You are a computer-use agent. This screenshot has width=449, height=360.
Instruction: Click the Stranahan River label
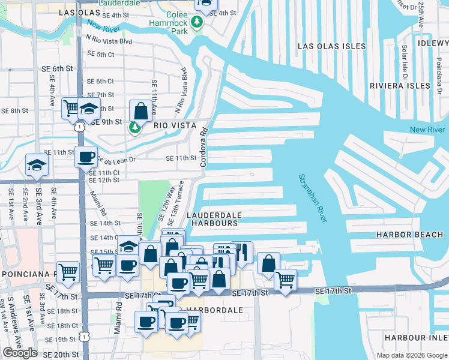[x=313, y=199]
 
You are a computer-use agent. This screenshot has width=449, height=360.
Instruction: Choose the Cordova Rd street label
[x=204, y=146]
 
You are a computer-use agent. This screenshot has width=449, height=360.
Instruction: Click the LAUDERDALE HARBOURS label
[x=214, y=219]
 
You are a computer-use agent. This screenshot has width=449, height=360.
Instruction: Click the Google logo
[x=20, y=353]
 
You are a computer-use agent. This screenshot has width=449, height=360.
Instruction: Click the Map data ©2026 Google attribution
[x=411, y=355]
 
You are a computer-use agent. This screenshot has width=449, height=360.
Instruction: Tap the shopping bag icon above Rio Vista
[x=140, y=111]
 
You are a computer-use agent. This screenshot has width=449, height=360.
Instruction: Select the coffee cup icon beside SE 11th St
[x=86, y=157]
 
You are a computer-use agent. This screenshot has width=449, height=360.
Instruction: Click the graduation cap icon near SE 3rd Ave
[x=36, y=165]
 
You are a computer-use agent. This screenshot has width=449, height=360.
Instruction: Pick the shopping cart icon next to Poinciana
[x=68, y=272]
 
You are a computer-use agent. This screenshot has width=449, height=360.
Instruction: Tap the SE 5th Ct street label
[x=100, y=54]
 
